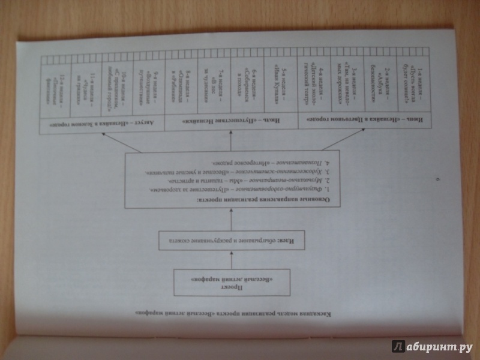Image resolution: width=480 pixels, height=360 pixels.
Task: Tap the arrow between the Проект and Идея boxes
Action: [231, 262]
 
